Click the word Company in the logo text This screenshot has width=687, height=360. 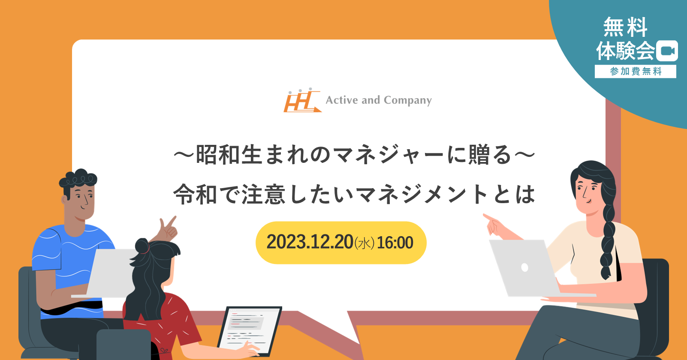point(407,100)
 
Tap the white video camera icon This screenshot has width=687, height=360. point(667,51)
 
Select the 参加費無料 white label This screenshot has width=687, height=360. point(635,72)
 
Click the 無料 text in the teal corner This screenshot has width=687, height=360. point(626,27)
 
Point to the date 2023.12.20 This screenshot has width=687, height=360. point(310,242)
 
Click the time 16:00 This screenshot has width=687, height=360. point(395,243)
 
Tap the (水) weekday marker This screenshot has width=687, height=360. point(365,243)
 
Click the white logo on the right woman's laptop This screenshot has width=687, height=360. point(525,267)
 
